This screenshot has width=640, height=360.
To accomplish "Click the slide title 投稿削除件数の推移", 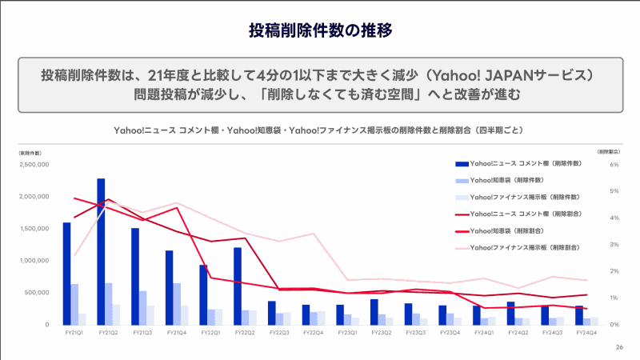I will [320, 31].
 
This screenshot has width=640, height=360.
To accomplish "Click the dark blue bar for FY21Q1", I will [66, 273].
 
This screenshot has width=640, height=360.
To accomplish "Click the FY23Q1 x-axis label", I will [347, 331].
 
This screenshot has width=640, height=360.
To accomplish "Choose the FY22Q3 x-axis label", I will [279, 331].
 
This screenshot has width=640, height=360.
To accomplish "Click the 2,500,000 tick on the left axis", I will [34, 165].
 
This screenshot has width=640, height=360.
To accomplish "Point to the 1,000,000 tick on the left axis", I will [34, 261].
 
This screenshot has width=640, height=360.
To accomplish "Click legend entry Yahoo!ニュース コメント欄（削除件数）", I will [525, 163].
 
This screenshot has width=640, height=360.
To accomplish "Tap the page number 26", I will [619, 347].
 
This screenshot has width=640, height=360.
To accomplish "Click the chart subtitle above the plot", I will [320, 129].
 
